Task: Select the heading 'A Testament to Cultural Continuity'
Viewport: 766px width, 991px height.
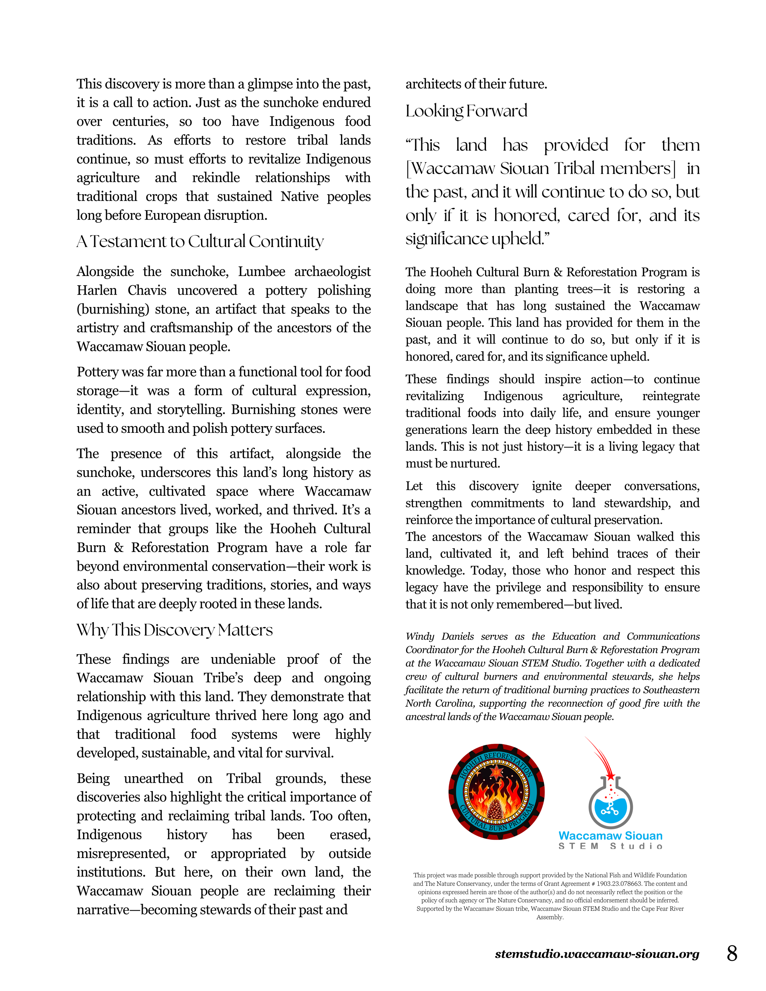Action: coord(200,241)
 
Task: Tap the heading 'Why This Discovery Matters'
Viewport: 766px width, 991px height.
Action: coord(174,630)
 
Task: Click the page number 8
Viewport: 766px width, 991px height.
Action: coord(731,953)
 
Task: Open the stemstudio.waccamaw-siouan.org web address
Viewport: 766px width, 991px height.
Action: coord(597,954)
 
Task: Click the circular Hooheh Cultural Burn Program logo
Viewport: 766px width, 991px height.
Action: coord(496,792)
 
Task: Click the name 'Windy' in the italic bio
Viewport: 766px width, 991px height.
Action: coord(420,636)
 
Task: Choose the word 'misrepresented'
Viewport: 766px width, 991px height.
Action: coord(123,853)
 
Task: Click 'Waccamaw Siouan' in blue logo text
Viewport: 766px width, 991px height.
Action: coord(610,835)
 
